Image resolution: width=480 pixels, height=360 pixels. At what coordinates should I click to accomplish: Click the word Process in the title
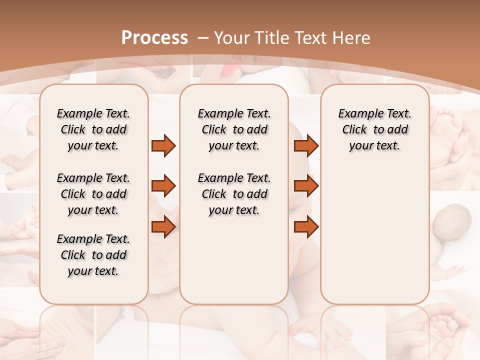pyautogui.click(x=154, y=38)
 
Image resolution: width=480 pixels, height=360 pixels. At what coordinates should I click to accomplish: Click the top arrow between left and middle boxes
pyautogui.click(x=163, y=146)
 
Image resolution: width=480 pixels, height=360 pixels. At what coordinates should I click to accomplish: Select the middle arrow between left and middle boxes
pyautogui.click(x=163, y=186)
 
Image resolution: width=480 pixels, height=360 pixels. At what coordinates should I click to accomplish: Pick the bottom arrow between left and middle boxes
pyautogui.click(x=163, y=227)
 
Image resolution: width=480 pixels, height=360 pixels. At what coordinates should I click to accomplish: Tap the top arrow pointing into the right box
pyautogui.click(x=306, y=146)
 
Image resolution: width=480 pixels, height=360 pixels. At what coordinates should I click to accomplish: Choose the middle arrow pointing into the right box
pyautogui.click(x=306, y=186)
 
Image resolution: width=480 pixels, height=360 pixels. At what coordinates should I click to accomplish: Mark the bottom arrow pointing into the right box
pyautogui.click(x=306, y=227)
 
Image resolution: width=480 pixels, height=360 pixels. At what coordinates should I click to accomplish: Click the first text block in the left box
pyautogui.click(x=93, y=129)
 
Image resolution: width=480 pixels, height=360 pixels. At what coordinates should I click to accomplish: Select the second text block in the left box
pyautogui.click(x=93, y=194)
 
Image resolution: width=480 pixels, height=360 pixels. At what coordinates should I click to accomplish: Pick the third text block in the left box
pyautogui.click(x=93, y=255)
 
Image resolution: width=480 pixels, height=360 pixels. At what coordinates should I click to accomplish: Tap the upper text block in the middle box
pyautogui.click(x=234, y=129)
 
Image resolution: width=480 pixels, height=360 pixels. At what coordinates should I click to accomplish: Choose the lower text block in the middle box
pyautogui.click(x=234, y=194)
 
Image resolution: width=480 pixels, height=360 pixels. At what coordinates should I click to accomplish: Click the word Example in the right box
pyautogui.click(x=356, y=114)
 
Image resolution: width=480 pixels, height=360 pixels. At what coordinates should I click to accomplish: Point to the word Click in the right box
pyautogui.click(x=354, y=130)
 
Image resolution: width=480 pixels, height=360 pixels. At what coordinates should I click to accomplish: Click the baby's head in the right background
pyautogui.click(x=453, y=222)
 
